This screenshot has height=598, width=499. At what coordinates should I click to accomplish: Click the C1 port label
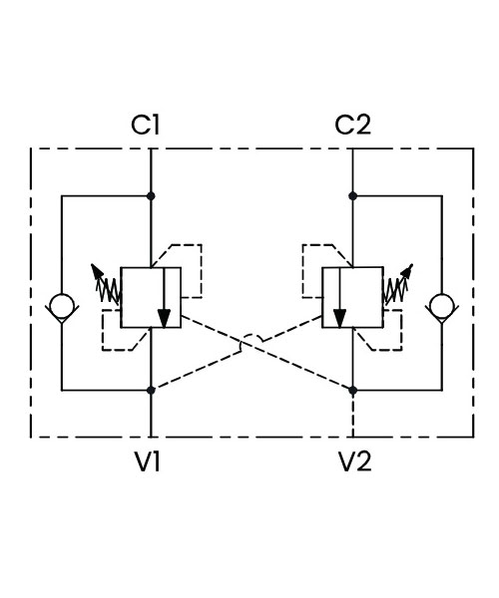pyautogui.click(x=145, y=125)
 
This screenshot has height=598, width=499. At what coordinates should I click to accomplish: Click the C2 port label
pyautogui.click(x=352, y=125)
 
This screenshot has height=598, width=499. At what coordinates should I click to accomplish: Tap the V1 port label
pyautogui.click(x=148, y=461)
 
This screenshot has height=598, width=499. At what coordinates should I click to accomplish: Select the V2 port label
pyautogui.click(x=354, y=461)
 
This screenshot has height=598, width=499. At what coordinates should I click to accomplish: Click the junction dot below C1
pyautogui.click(x=151, y=196)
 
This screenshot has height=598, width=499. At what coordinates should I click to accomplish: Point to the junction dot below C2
pyautogui.click(x=352, y=196)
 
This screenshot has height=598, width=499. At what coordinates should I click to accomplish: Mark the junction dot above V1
pyautogui.click(x=151, y=390)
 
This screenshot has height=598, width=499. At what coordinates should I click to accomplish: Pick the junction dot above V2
pyautogui.click(x=352, y=390)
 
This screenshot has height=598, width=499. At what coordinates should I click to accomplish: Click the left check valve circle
pyautogui.click(x=62, y=306)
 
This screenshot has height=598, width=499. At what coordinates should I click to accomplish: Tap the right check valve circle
pyautogui.click(x=442, y=306)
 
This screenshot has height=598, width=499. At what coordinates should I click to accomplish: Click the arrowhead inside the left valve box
pyautogui.click(x=164, y=318)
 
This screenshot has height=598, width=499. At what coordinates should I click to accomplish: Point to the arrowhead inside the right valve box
pyautogui.click(x=339, y=318)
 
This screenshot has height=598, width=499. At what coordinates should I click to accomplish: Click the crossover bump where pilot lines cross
pyautogui.click(x=251, y=338)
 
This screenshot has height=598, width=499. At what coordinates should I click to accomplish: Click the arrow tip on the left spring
pyautogui.click(x=92, y=265)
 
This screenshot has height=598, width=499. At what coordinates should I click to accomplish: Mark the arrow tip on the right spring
pyautogui.click(x=411, y=265)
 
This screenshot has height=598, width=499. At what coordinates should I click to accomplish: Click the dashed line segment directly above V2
pyautogui.click(x=352, y=415)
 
